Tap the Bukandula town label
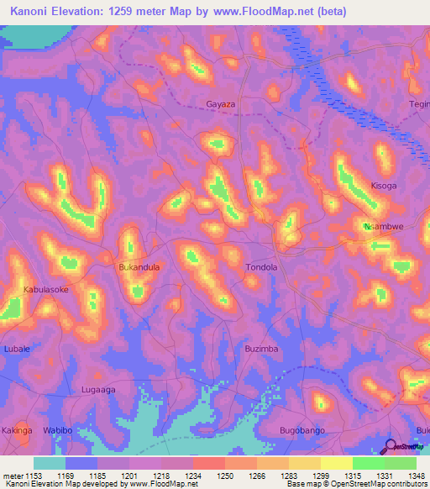coord(139,267)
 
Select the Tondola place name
coord(260,267)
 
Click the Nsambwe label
coord(383,227)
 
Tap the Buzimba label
coord(260,348)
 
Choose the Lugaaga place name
coord(97,390)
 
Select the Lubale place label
coord(17,348)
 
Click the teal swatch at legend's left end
coord(50,463)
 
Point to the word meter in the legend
coord(11,476)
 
